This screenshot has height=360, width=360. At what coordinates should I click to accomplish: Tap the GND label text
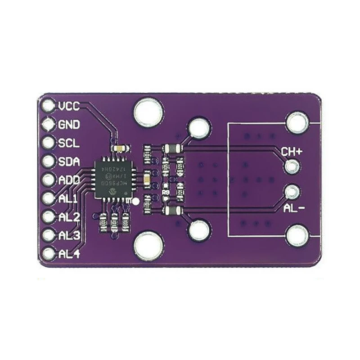pos(69,125)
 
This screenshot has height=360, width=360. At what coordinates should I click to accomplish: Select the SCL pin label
pos(68,143)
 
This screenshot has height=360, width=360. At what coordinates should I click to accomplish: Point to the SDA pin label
pos(69,162)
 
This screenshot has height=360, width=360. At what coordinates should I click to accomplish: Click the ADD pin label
pos(69,180)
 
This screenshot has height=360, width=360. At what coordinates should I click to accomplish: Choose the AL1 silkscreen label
pos(68,198)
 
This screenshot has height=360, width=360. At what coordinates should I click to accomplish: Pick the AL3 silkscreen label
pos(69,235)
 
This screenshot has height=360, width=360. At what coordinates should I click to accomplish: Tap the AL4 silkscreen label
pos(69,254)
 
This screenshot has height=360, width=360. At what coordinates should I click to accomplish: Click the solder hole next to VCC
pos(47,106)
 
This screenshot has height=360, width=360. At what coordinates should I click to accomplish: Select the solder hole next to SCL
pos(47,143)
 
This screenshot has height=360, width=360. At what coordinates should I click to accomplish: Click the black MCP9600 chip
pos(114,178)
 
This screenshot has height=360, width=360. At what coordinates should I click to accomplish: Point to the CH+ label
pos(292,152)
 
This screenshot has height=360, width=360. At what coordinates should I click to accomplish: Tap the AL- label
pos(295,208)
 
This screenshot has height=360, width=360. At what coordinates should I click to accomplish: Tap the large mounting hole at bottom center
pos(148,245)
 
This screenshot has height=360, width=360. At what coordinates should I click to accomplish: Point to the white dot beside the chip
pos(135,201)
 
